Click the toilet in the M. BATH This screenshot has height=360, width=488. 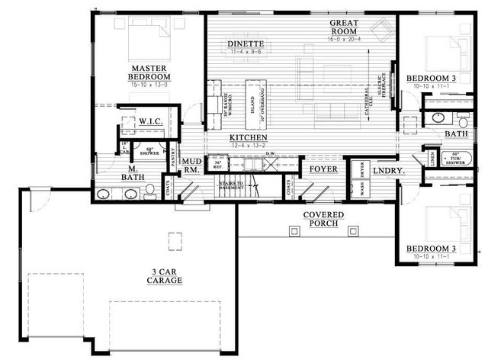click(x=150, y=188)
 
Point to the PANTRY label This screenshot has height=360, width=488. click(x=174, y=157)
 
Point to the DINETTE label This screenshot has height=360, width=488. click(x=246, y=44)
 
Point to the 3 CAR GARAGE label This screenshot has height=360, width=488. click(x=164, y=276)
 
